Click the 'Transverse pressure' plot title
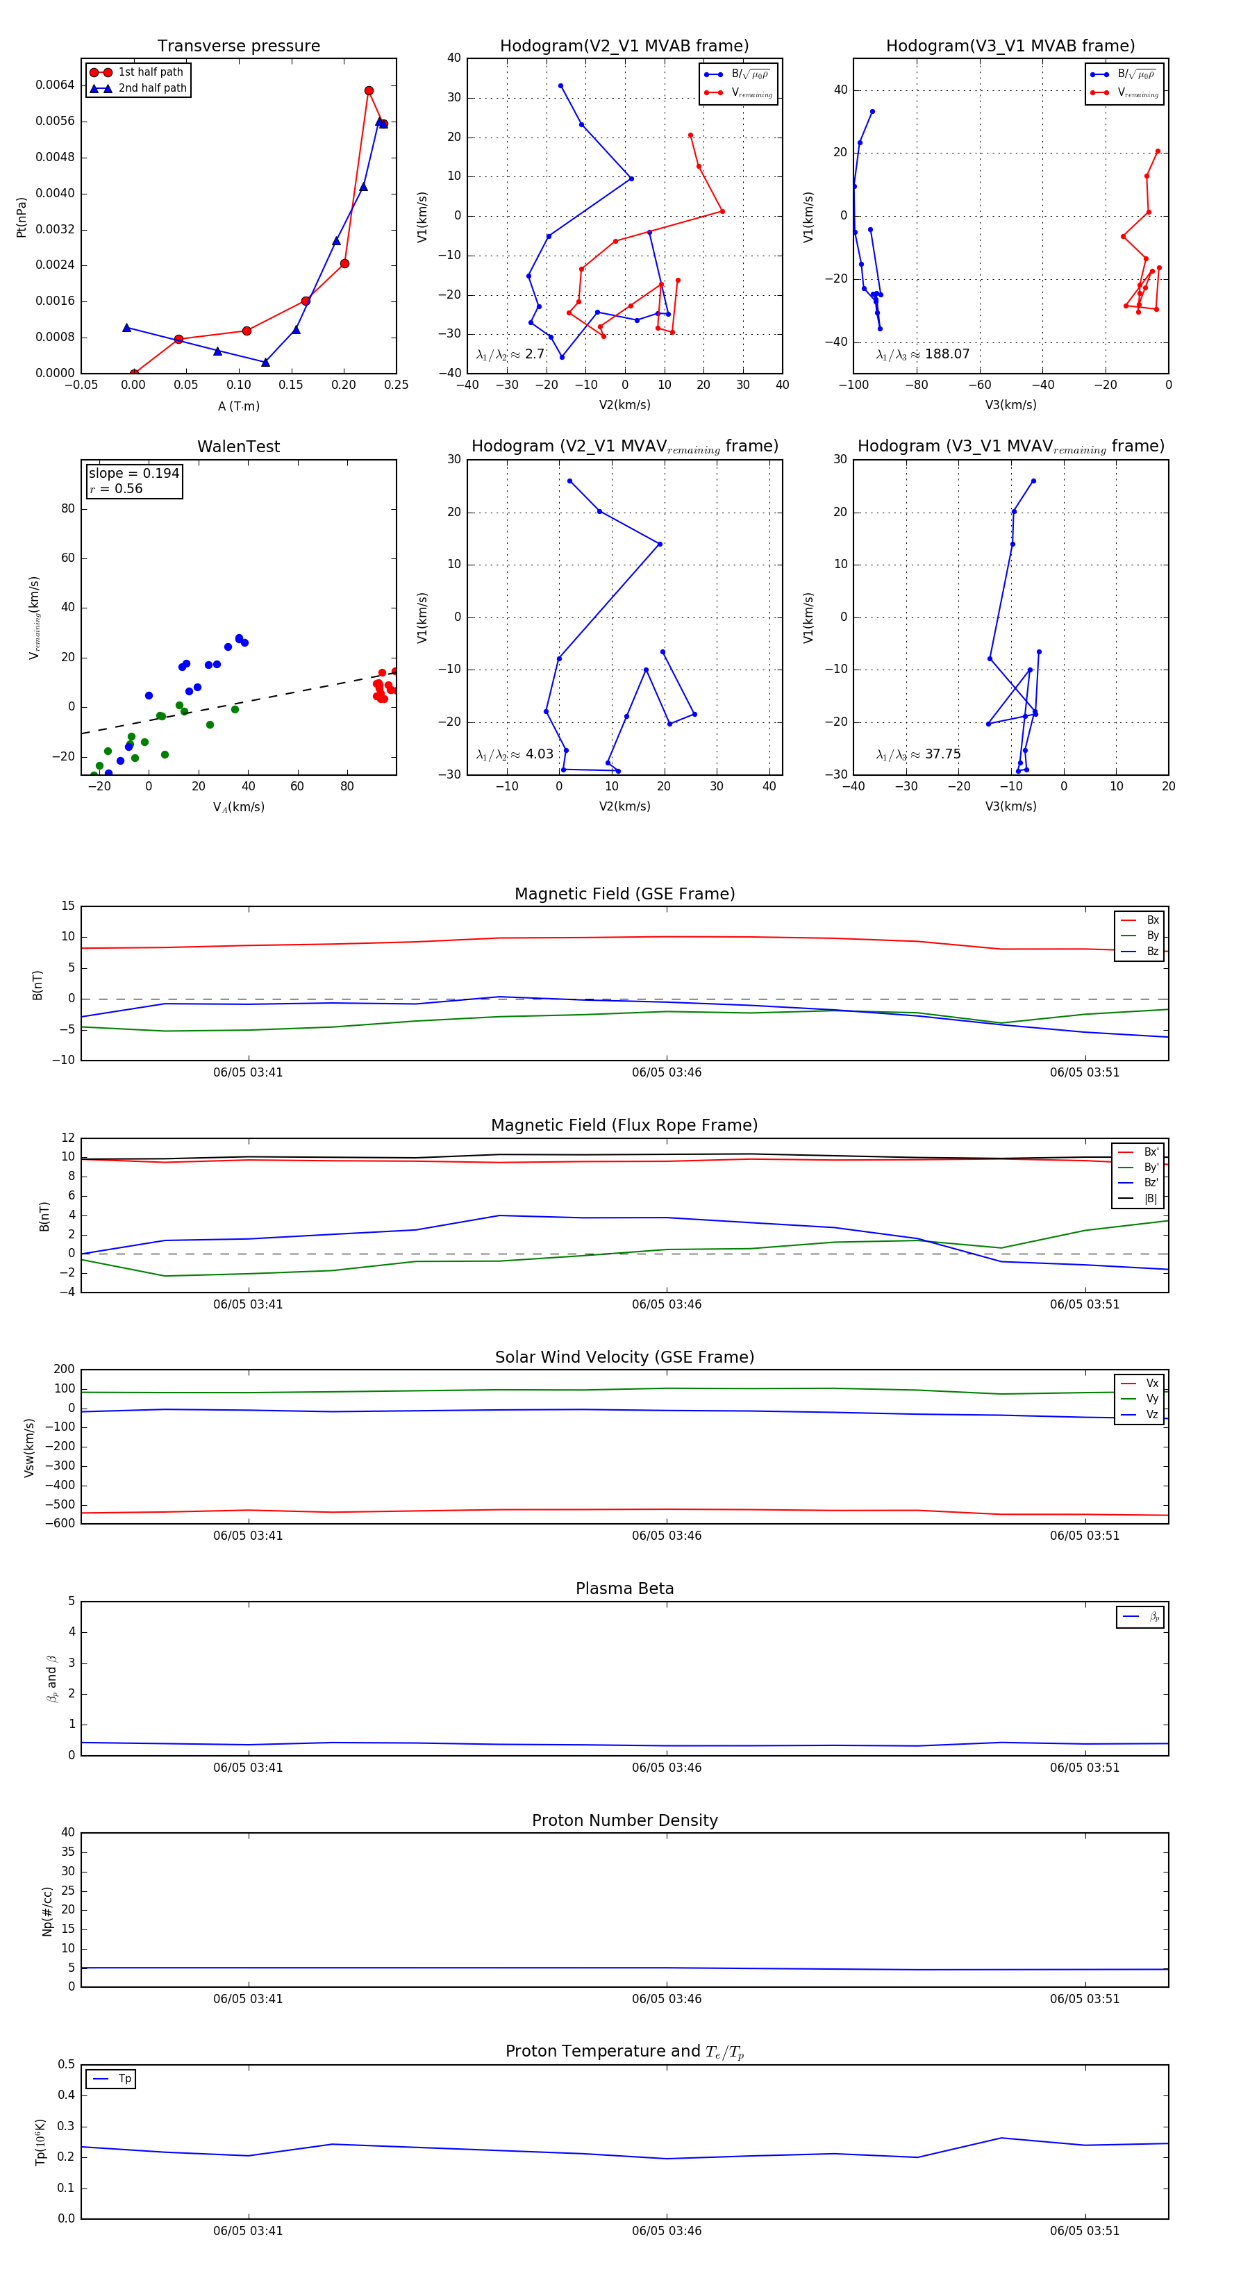point(238,47)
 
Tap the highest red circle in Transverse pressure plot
point(368,91)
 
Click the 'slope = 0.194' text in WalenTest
point(133,474)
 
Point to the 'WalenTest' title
point(238,447)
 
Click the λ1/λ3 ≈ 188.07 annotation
point(923,354)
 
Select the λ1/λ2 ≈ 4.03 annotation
point(514,754)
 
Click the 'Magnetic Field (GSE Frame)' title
point(624,894)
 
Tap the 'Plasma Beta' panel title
point(624,1589)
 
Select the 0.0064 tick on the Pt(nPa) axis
point(55,85)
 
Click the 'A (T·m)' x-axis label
point(238,406)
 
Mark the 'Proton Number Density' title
point(624,1820)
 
